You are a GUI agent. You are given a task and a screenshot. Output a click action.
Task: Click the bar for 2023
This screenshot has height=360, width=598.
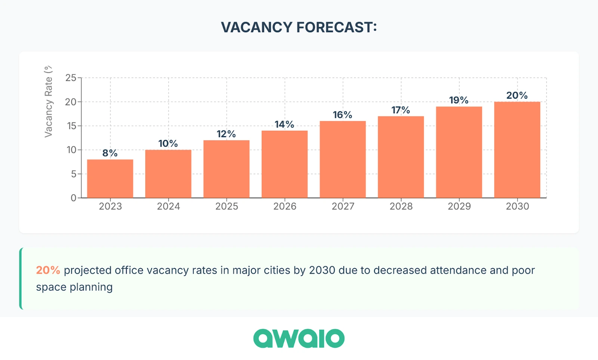coord(110,179)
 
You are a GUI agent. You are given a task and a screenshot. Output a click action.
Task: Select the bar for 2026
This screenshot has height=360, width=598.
coord(284,164)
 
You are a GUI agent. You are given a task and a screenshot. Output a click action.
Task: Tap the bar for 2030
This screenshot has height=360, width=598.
coord(517,150)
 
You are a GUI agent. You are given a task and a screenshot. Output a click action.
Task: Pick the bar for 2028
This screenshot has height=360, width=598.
coord(401,157)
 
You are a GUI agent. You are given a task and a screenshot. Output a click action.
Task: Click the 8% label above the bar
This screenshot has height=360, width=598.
coord(110,153)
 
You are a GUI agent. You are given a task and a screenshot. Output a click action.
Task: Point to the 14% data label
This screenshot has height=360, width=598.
coord(284,124)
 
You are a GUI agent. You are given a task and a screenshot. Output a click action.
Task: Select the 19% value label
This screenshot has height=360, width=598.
coord(459,100)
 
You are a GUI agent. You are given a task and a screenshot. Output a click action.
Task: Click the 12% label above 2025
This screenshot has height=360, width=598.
coord(226,134)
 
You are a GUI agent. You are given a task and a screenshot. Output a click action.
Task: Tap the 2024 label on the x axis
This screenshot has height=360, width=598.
coord(168,206)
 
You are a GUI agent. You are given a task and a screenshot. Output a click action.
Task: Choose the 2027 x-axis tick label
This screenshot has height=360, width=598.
coord(343,206)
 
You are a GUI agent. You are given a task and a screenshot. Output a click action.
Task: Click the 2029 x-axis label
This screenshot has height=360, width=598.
coord(459,206)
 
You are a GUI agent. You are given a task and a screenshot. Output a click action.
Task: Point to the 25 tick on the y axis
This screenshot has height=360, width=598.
coord(71,78)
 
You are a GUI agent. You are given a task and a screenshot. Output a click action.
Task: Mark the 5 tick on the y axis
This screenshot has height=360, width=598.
coord(74,174)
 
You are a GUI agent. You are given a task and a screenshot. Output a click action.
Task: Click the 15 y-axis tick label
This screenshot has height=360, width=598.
coord(71,126)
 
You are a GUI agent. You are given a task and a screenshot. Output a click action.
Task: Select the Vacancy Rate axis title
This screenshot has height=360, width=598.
coord(48,102)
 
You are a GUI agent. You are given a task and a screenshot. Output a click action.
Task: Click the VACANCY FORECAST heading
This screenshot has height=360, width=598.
coord(299,27)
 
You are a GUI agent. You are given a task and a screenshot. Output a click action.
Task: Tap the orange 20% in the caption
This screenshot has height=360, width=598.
coord(48,270)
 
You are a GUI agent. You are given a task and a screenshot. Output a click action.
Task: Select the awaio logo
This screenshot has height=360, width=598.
coord(299,338)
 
